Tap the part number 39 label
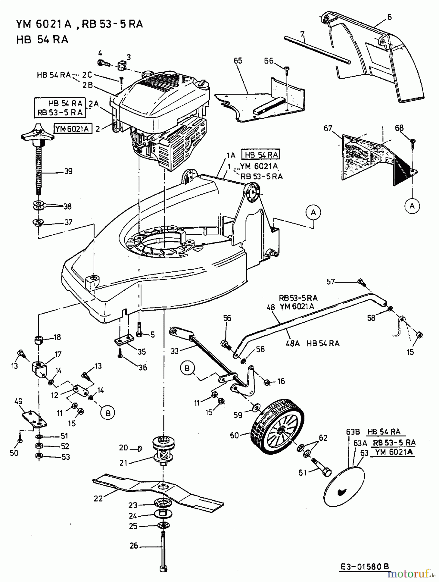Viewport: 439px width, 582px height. pyautogui.click(x=68, y=171)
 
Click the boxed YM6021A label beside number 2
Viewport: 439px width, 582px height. pyautogui.click(x=72, y=129)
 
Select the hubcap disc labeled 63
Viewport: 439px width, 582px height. pyautogui.click(x=344, y=484)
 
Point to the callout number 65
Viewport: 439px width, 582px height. pyautogui.click(x=238, y=61)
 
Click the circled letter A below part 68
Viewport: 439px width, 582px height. pyautogui.click(x=412, y=205)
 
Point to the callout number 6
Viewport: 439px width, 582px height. pyautogui.click(x=389, y=17)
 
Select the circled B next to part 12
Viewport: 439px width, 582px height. pyautogui.click(x=108, y=413)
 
